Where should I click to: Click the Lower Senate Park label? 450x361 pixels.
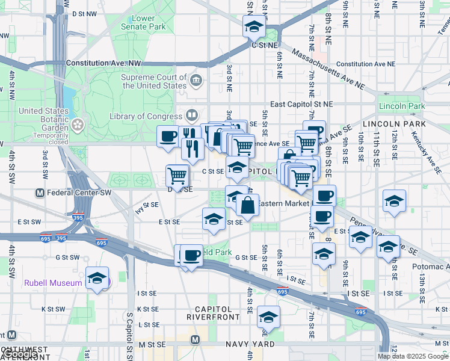pos(143,23)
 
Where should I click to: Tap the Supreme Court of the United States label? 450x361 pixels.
pos(154,81)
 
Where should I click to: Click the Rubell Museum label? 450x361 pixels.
pos(52,283)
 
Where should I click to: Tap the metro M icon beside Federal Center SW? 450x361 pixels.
pos(40,193)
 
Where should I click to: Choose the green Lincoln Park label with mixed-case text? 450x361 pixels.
pos(402,106)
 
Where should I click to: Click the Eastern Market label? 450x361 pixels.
pos(283,203)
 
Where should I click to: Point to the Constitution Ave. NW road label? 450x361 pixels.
pos(103,63)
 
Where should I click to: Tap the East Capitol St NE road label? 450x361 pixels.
pos(301,104)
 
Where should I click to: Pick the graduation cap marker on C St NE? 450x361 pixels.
pos(254,27)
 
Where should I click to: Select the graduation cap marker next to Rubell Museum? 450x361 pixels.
pos(97,278)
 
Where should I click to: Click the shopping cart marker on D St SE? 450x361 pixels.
pos(177,176)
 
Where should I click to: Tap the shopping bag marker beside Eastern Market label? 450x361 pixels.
pos(247,205)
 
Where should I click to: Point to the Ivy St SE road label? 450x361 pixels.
pos(146,208)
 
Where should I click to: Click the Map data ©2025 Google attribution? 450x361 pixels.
pos(413,356)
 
